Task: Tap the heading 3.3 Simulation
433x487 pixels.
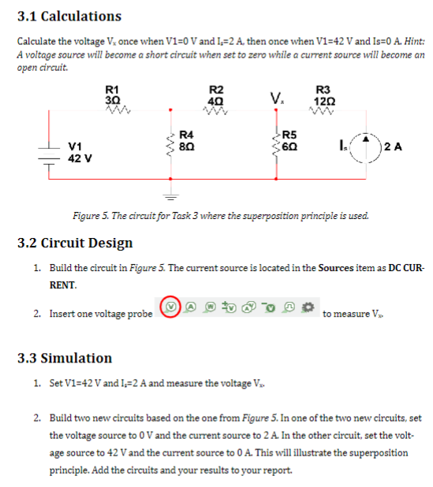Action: [x=65, y=359]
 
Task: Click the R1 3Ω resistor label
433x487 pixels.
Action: [x=112, y=95]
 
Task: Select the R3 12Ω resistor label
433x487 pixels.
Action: [x=323, y=95]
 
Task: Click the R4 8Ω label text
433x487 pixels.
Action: [x=187, y=139]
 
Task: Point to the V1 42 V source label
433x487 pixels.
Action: [x=79, y=151]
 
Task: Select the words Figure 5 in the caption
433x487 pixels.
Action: [x=91, y=215]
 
